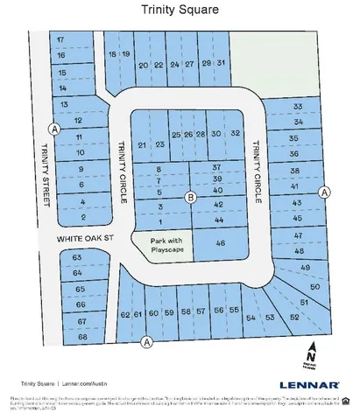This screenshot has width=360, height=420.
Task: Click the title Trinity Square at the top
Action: [x=180, y=10]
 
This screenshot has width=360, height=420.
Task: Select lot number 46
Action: [x=220, y=243]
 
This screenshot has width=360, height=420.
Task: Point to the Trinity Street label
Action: [x=45, y=175]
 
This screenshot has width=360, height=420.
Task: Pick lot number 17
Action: [x=60, y=40]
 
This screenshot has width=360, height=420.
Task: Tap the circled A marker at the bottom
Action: [x=146, y=341]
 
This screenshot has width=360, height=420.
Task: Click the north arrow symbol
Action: [x=313, y=354]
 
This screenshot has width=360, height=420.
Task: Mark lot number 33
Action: [x=298, y=107]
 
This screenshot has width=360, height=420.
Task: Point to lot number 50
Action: [x=314, y=287]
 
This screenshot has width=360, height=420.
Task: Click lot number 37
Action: [x=216, y=167]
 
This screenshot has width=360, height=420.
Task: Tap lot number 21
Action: [x=142, y=144]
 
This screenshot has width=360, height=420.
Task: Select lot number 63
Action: [x=77, y=257]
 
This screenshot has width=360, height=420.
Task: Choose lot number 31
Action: [x=222, y=64]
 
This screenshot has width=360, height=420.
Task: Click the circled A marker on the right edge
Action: [x=323, y=192]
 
